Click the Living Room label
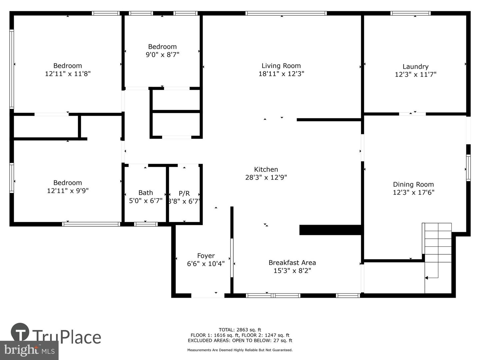pos(281,66)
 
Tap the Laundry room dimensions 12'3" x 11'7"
pos(415,74)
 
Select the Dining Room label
pos(413,184)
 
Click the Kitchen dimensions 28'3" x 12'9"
pos(266,177)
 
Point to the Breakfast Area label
pos(292,263)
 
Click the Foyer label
pos(206,256)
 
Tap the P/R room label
pos(184,193)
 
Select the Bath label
pos(146,193)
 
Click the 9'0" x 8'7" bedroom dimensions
pos(162,55)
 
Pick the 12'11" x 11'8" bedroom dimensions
pos(68,74)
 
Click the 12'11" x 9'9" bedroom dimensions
pos(68,191)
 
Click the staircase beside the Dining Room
pos(438,247)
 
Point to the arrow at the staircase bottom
pos(427,277)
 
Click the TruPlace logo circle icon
pos(20,332)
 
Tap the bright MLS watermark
pos(29,350)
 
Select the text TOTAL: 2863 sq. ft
pos(240,330)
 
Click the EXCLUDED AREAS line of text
pos(240,340)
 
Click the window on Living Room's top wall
pos(286,13)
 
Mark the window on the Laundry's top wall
pos(410,13)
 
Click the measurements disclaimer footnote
pos(240,350)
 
